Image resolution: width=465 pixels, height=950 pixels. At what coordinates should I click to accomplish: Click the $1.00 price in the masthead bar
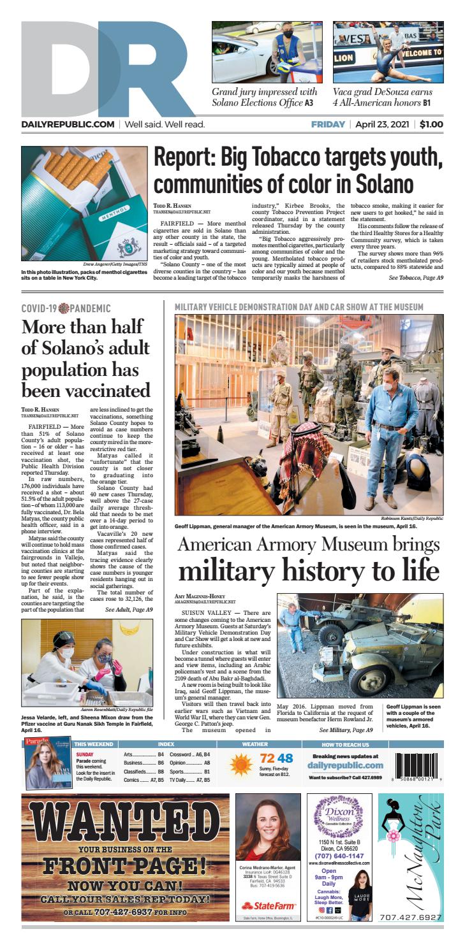(431, 124)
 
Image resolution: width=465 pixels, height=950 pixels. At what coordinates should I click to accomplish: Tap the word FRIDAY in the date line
(328, 124)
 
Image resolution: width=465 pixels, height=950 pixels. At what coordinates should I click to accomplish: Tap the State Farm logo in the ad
(267, 905)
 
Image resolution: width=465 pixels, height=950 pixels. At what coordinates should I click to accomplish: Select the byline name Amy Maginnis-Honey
(196, 596)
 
